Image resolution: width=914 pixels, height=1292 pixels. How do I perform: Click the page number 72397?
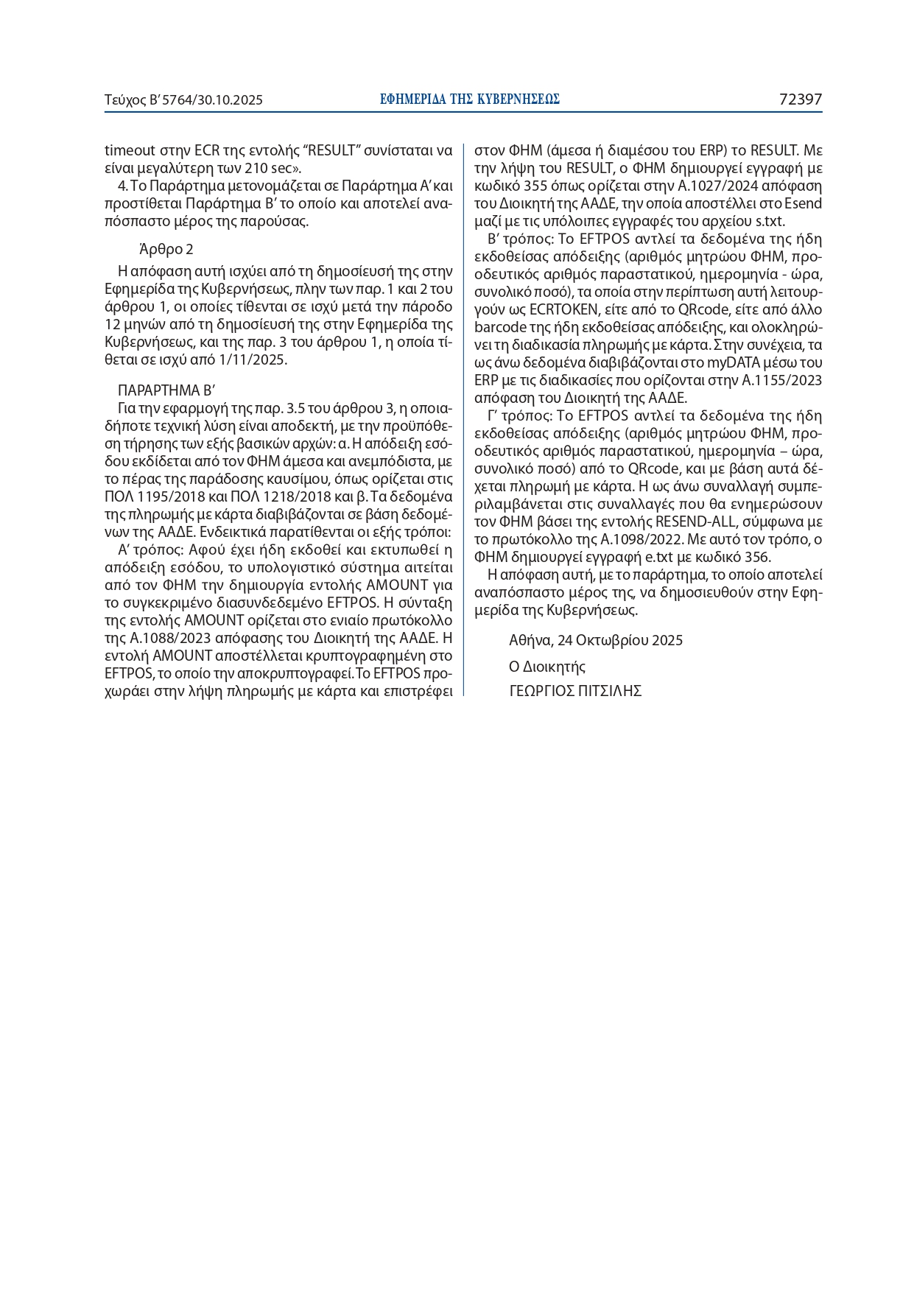[x=800, y=99]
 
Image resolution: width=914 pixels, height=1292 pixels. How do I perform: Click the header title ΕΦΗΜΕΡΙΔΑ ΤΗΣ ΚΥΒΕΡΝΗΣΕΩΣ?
[x=470, y=99]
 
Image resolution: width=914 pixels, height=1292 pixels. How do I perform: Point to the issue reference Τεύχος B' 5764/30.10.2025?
[x=183, y=100]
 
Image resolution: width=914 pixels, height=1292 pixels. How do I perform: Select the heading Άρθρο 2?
[x=166, y=249]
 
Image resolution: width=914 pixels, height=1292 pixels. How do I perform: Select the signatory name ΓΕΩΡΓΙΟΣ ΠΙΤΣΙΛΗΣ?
[x=575, y=691]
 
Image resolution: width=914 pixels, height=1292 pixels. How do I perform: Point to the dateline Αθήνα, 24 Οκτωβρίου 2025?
[x=596, y=640]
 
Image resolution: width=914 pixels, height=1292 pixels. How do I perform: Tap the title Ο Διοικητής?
[x=547, y=667]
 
